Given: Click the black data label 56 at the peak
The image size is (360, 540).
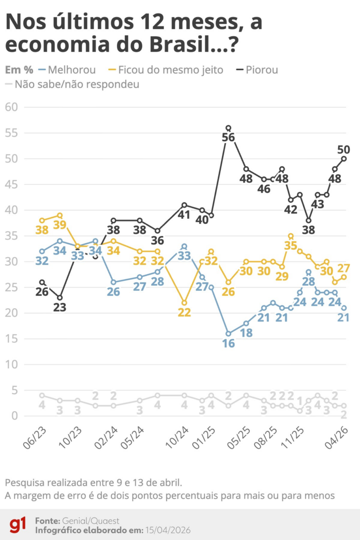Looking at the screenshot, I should click(x=228, y=138).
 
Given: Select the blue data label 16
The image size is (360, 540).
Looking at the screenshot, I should click(x=228, y=343).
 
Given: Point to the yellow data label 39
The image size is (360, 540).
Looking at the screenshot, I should click(x=60, y=224).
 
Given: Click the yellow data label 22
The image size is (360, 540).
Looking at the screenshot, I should click(x=184, y=312).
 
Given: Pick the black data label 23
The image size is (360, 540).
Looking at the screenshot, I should click(x=60, y=307).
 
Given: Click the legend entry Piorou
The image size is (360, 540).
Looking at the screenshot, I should click(x=261, y=69).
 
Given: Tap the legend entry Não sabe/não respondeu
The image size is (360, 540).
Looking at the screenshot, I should click(x=77, y=84).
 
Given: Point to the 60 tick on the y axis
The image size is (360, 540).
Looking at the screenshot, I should click(x=11, y=107).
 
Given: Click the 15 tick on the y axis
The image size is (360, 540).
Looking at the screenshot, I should click(x=11, y=339).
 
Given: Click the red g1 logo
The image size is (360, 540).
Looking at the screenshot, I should click(x=18, y=524).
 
